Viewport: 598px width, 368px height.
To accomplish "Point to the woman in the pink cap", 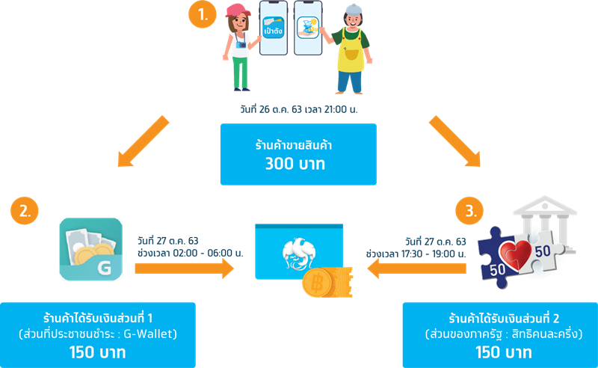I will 239,45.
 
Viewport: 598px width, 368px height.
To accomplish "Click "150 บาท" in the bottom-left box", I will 97,351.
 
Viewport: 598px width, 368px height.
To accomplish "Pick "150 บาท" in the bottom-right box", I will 500,351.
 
